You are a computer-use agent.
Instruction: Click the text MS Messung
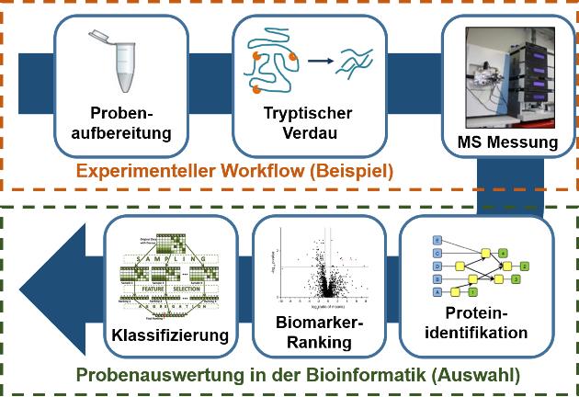pyautogui.click(x=506, y=142)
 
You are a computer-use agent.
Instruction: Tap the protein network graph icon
pyautogui.click(x=477, y=266)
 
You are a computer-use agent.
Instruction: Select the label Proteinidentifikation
pyautogui.click(x=477, y=323)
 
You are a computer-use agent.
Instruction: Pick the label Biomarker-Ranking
pyautogui.click(x=314, y=334)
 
